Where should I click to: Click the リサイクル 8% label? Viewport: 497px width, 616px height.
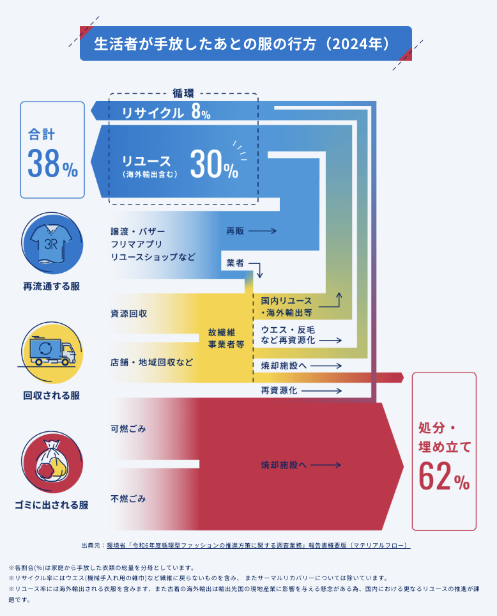point(166,114)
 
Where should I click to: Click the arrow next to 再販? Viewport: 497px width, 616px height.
point(262,231)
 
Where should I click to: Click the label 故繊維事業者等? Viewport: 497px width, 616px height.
point(226,338)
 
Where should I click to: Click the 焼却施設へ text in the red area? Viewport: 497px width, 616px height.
point(284,465)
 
